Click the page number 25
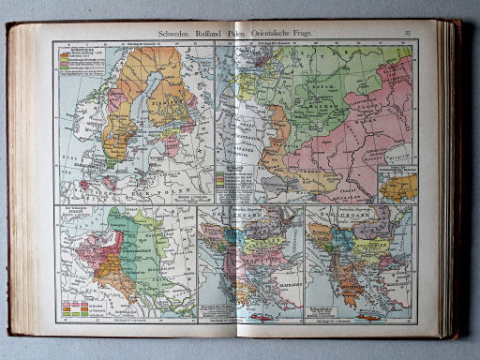408,34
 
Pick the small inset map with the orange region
398,185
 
